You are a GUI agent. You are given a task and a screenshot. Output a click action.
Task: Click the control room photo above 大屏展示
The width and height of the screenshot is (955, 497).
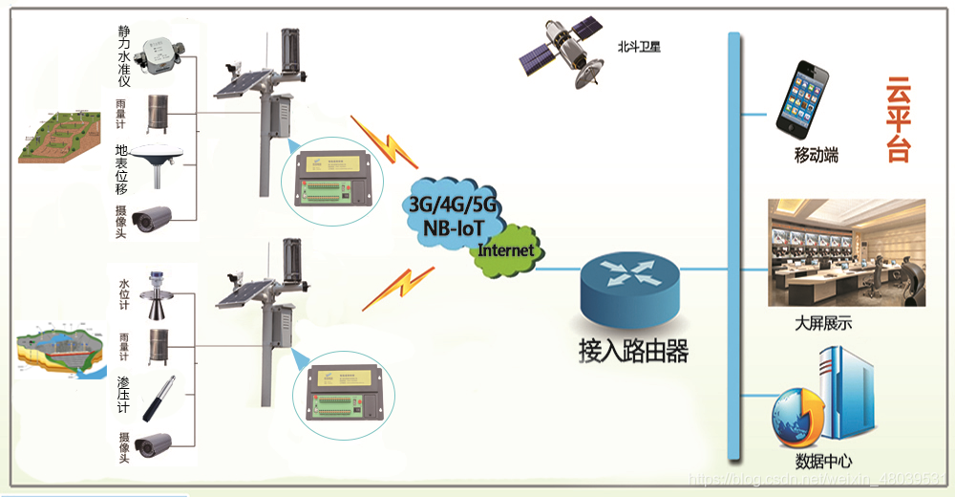coord(846,252)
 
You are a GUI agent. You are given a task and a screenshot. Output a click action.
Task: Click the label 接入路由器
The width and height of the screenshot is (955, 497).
coord(633,351)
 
